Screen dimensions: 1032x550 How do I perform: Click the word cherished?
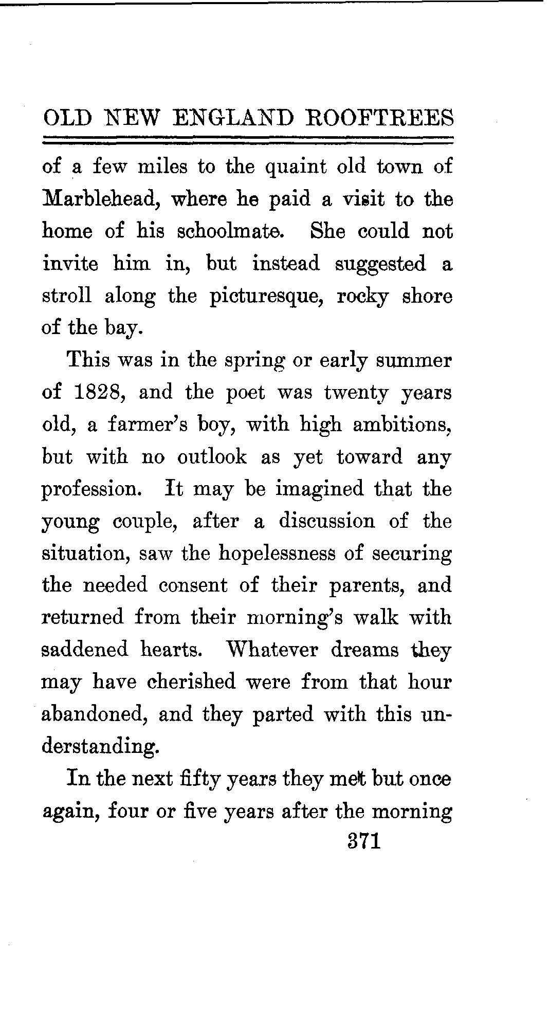click(x=191, y=682)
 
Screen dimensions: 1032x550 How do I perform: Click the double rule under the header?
click(x=249, y=139)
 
